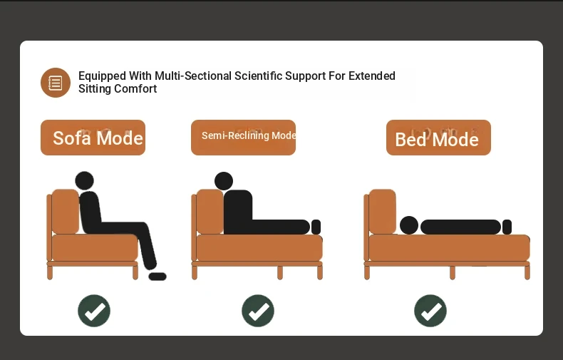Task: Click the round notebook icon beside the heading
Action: (56, 83)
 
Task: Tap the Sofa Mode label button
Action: (93, 138)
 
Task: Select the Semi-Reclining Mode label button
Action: (244, 138)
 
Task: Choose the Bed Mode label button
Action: (438, 138)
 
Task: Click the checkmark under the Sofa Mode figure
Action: (94, 311)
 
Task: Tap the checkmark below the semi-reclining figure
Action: (258, 311)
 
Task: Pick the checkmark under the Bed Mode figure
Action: (430, 311)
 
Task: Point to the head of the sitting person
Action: (84, 181)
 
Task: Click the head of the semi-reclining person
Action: (224, 181)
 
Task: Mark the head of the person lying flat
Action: (409, 226)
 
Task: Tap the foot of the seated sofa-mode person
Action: (157, 277)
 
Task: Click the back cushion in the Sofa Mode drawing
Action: (66, 212)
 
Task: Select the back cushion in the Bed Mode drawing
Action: (383, 212)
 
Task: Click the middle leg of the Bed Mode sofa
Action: (453, 273)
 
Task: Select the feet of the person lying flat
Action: (507, 227)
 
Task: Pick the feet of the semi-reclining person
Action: (316, 227)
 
